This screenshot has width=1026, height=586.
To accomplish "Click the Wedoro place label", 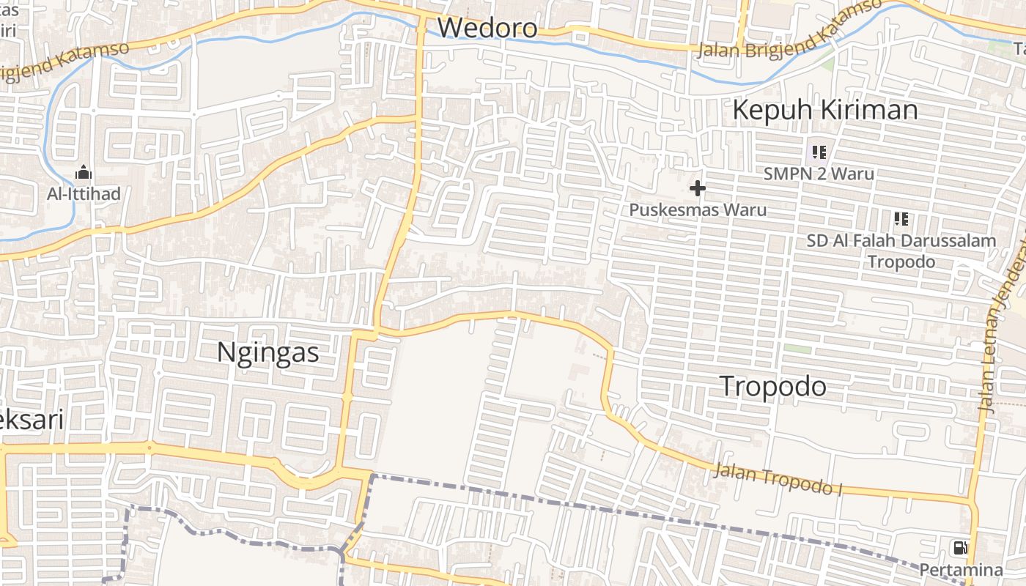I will coord(487,28).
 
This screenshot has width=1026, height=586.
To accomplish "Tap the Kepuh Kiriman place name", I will coord(824,110).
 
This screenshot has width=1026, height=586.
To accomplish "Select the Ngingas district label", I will coord(268,353).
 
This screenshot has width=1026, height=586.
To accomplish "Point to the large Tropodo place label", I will coord(773,386).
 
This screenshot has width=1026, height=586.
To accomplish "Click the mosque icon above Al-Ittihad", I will coord(84,174).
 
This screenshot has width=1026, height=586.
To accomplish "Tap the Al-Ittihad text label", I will coord(84,194).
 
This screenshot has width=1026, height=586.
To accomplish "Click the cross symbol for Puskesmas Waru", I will coord(698,189).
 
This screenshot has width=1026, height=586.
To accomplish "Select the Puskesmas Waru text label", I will coord(698,210).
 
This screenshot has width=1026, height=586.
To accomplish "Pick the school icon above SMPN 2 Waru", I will coord(819,152).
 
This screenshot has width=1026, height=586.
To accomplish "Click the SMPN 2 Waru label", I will coord(819,174).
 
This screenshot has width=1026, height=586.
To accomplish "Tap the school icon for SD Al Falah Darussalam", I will coord(901,218).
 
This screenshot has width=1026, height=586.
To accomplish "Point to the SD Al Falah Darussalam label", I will coord(901,240).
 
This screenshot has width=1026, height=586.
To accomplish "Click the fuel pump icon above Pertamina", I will coord(959,547).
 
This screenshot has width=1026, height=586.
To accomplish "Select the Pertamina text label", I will coord(961,570).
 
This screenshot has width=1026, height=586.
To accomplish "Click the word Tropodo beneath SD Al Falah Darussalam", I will coord(901,262).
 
